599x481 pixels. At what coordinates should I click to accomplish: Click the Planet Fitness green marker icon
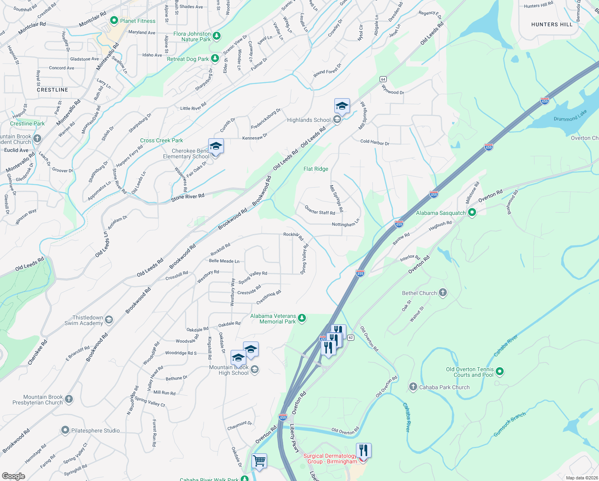114,20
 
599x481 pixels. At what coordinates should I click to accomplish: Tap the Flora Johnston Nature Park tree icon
217,36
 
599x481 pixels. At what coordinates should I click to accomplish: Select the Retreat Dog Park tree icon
215,59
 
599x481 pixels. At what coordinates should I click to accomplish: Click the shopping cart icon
259,461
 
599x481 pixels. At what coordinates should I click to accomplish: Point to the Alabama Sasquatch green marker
472,213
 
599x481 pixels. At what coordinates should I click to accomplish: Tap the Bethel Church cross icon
442,293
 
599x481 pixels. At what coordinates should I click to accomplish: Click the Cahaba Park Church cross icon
413,387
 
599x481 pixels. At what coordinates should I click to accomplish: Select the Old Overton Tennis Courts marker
499,372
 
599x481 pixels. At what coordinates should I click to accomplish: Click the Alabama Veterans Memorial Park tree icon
302,318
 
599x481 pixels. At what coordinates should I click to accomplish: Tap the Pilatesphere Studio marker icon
65,430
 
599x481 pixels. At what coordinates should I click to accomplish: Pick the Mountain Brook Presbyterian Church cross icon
69,399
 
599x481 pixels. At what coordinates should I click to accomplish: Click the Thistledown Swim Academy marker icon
109,320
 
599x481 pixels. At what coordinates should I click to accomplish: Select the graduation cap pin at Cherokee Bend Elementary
216,147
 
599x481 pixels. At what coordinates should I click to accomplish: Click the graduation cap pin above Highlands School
342,106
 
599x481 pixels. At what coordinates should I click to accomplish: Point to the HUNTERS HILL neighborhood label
552,24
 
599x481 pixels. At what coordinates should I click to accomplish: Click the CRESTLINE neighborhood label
52,90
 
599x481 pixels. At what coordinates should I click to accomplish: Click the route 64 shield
383,79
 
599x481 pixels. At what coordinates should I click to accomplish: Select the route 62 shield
351,338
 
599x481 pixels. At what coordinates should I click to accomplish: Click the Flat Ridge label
316,169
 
